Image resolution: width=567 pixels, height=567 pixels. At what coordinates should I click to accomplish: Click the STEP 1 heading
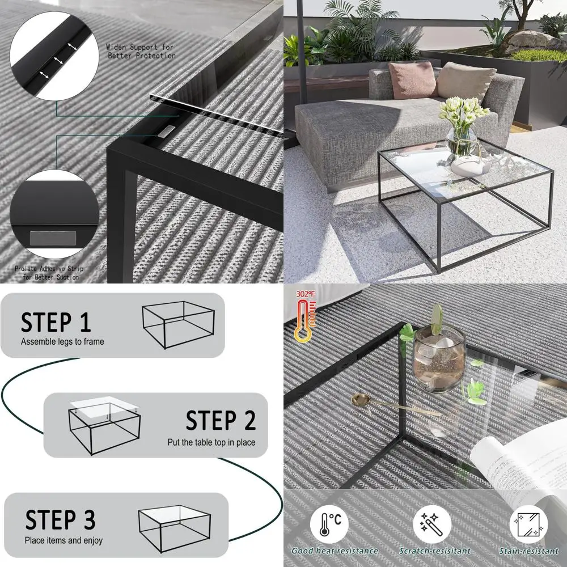(x=56, y=322)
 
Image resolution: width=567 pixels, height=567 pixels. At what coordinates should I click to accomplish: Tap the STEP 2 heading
(x=221, y=421)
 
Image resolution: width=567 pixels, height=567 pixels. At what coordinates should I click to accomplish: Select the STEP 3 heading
(x=60, y=520)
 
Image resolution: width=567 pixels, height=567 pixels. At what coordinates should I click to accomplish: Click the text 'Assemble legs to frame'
(x=62, y=342)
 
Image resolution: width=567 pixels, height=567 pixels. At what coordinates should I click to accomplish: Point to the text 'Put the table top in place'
(x=211, y=442)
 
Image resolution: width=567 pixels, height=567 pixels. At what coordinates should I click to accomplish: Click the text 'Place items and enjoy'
(x=64, y=540)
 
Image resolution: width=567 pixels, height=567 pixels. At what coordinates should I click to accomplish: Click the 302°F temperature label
(x=303, y=295)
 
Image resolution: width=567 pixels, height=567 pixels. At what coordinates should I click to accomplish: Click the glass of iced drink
(x=439, y=360)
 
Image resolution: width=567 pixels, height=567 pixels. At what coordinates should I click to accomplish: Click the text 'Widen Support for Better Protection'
(x=141, y=51)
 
